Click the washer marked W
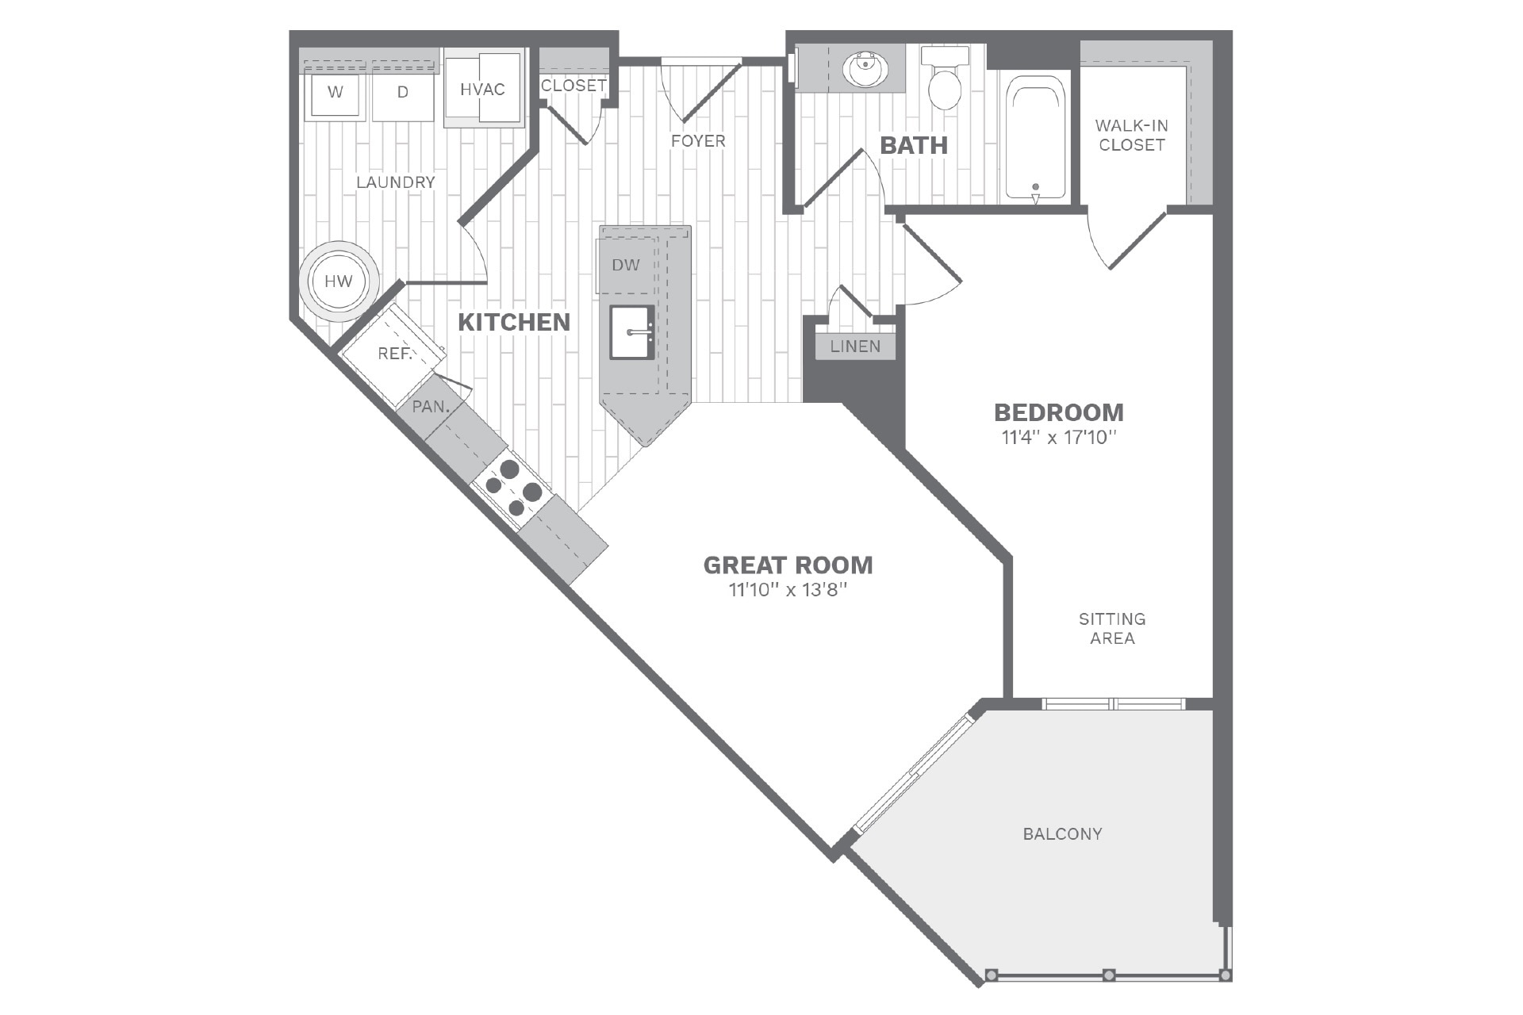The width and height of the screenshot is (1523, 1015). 336,94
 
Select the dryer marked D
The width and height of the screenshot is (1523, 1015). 403,94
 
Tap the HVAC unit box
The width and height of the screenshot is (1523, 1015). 483,89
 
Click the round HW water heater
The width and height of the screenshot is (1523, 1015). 339,282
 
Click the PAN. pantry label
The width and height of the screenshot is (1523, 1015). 431,408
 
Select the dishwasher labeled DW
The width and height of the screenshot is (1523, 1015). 626,266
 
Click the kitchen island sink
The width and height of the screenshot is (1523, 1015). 632,332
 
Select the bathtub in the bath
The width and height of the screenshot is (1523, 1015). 1035,137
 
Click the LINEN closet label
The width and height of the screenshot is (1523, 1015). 855,347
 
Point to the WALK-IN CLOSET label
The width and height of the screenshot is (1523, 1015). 1131,136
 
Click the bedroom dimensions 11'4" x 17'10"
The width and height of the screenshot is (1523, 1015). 1058,438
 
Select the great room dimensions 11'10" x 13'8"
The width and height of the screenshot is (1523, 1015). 788,590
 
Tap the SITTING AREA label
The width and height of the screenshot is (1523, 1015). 1111,629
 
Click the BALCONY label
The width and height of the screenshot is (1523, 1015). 1062,834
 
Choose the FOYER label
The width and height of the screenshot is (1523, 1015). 698,141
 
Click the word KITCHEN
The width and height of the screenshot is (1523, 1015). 514,322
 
